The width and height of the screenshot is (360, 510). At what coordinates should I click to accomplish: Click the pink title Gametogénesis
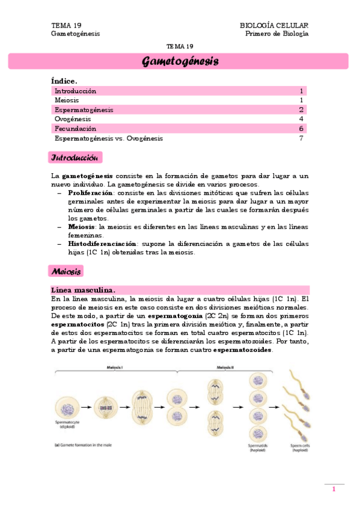[x=180, y=61]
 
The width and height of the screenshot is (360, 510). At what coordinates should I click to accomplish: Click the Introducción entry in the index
[x=75, y=91]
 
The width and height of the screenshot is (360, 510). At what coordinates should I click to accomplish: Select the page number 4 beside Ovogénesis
[x=301, y=119]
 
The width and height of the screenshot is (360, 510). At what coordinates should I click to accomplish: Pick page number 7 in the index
[x=301, y=138]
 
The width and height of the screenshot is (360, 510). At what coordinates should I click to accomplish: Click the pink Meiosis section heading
[x=66, y=272]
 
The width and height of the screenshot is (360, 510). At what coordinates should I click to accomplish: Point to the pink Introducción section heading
[x=75, y=158]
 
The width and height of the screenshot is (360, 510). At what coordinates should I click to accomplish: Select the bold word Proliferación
[x=90, y=192]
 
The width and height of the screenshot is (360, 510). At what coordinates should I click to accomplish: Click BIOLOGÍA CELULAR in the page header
[x=274, y=25]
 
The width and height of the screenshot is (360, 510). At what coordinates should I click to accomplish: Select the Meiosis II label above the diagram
[x=226, y=368]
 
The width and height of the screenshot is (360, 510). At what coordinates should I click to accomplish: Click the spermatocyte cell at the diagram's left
[x=66, y=407]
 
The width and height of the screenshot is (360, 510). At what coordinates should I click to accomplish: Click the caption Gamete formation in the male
[x=87, y=446]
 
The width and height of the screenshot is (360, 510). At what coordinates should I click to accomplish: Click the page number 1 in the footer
[x=334, y=490]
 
